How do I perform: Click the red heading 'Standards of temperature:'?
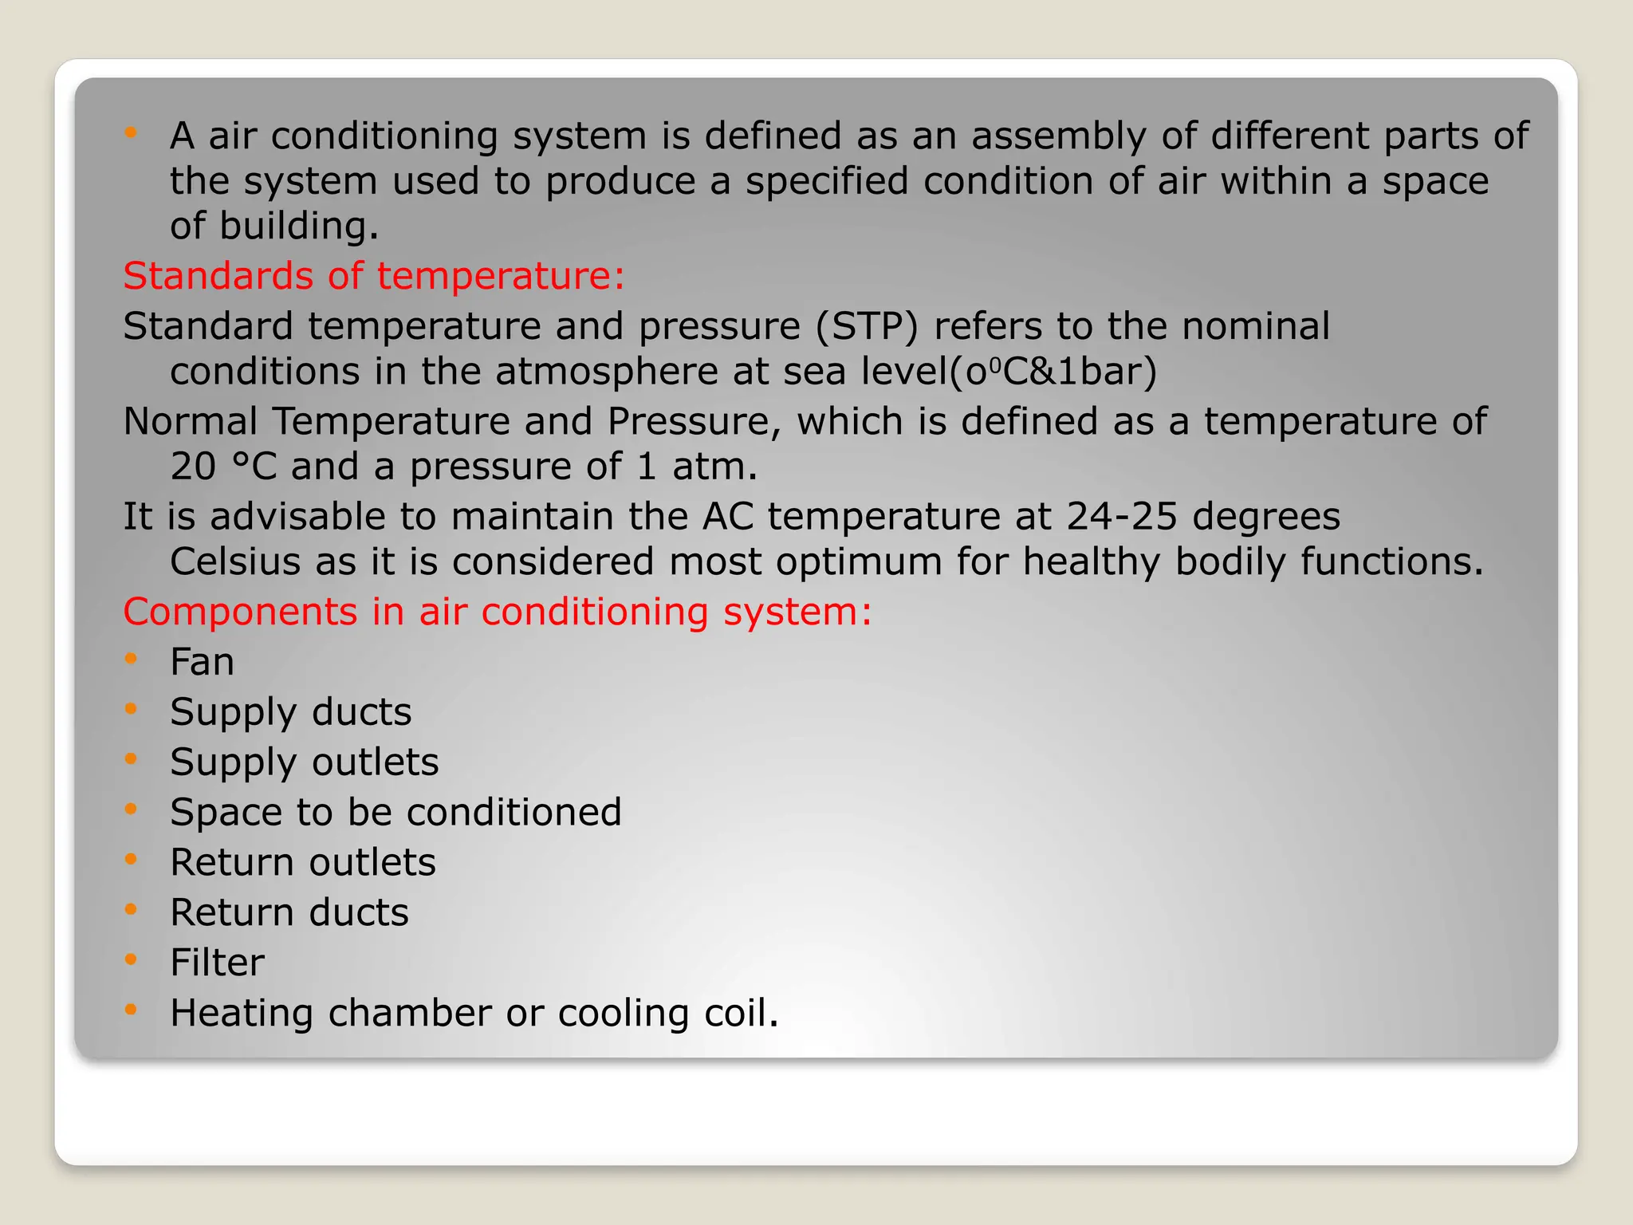point(373,276)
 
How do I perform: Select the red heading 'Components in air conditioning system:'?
point(498,612)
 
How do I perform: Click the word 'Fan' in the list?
point(202,662)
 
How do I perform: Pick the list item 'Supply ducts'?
point(290,712)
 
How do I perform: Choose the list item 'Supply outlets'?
point(304,762)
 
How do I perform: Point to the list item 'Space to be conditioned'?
point(395,813)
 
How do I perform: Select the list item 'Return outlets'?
point(303,863)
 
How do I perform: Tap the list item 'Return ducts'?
point(289,912)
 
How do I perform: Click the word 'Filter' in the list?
point(217,963)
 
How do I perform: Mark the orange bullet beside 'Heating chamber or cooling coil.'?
point(132,1010)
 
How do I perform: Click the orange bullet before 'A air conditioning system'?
point(132,132)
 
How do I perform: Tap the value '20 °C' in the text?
point(223,467)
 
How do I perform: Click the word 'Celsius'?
point(235,561)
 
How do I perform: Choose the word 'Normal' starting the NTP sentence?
point(190,421)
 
